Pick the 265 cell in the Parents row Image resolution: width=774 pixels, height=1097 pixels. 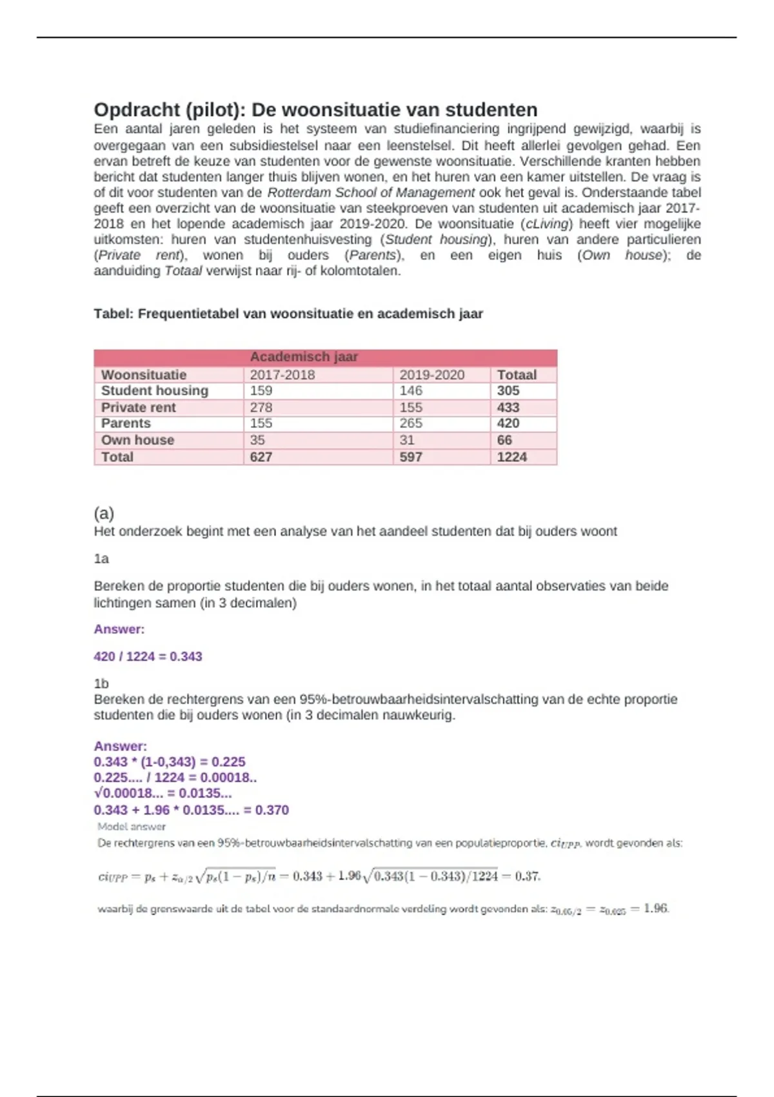pos(411,423)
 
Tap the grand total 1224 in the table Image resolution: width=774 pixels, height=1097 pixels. pos(511,457)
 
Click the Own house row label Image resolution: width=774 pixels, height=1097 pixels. pos(137,440)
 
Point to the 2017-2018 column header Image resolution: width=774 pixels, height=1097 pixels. pos(283,375)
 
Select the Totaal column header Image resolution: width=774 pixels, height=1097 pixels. pos(517,375)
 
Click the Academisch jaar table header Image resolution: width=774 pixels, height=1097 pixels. pos(304,357)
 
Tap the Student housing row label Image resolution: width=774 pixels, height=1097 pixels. pos(155,391)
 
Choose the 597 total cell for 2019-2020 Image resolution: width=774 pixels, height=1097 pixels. pos(411,457)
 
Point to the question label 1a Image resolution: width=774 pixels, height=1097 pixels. pos(101,559)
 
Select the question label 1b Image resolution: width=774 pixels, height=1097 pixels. pos(101,684)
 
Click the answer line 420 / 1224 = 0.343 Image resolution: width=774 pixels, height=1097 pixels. pos(148,657)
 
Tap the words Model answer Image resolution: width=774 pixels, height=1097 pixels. pos(132,827)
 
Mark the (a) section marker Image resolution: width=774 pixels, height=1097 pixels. pos(104,514)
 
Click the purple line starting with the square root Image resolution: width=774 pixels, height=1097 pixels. pos(163,794)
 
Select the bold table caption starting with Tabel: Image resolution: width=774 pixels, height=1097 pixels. pos(288,314)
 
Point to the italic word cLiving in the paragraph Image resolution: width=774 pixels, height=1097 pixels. pos(548,224)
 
